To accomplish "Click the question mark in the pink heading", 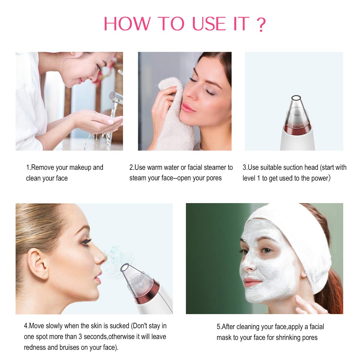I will pyautogui.click(x=261, y=24).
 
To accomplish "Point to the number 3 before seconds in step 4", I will pyautogui.click(x=80, y=337).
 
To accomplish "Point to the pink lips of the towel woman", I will pyautogui.click(x=188, y=107).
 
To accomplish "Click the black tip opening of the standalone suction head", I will pyautogui.click(x=296, y=97).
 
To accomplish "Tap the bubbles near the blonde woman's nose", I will pyautogui.click(x=114, y=255).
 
